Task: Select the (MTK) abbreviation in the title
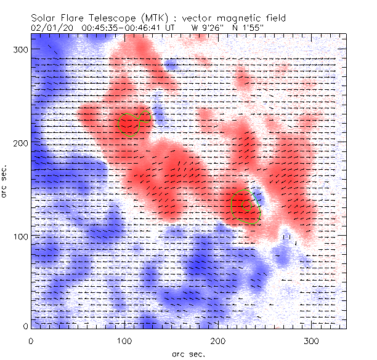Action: point(153,18)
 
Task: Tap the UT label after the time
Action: point(171,28)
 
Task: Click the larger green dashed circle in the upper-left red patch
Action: point(129,124)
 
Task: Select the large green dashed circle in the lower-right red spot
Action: point(241,204)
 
